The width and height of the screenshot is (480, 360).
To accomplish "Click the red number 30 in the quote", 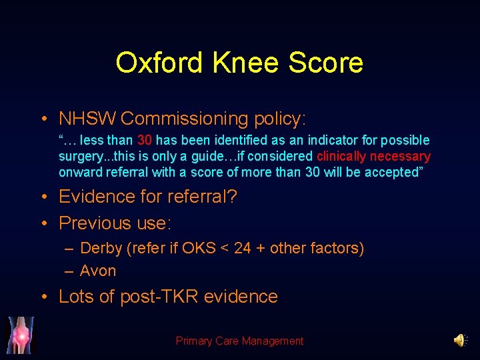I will tap(145, 140).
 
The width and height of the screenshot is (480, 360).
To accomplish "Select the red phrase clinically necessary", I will tap(373, 156).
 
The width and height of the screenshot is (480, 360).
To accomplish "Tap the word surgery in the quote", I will tap(79, 156).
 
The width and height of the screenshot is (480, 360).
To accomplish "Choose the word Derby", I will tap(101, 249).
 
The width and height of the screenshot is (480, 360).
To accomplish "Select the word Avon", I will tap(98, 271).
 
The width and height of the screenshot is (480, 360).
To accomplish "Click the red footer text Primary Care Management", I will tap(239, 341).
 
